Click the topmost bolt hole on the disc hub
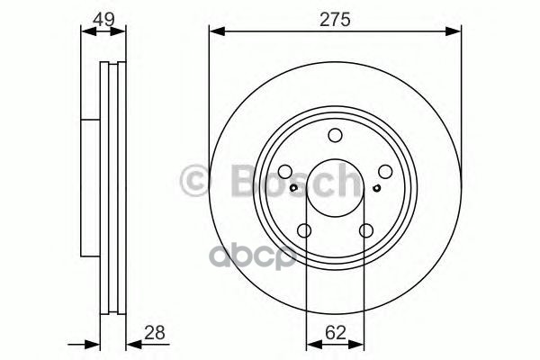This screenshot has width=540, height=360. pyautogui.click(x=335, y=136)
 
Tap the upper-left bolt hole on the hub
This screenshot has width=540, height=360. pyautogui.click(x=284, y=173)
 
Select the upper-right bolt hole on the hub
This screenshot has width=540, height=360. pyautogui.click(x=385, y=173)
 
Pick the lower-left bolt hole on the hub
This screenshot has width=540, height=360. pyautogui.click(x=304, y=232)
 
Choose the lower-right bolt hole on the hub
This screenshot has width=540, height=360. pyautogui.click(x=365, y=232)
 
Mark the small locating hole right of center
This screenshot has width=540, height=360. pyautogui.click(x=373, y=189)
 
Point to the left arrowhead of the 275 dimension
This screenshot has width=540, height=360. pyautogui.click(x=214, y=32)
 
